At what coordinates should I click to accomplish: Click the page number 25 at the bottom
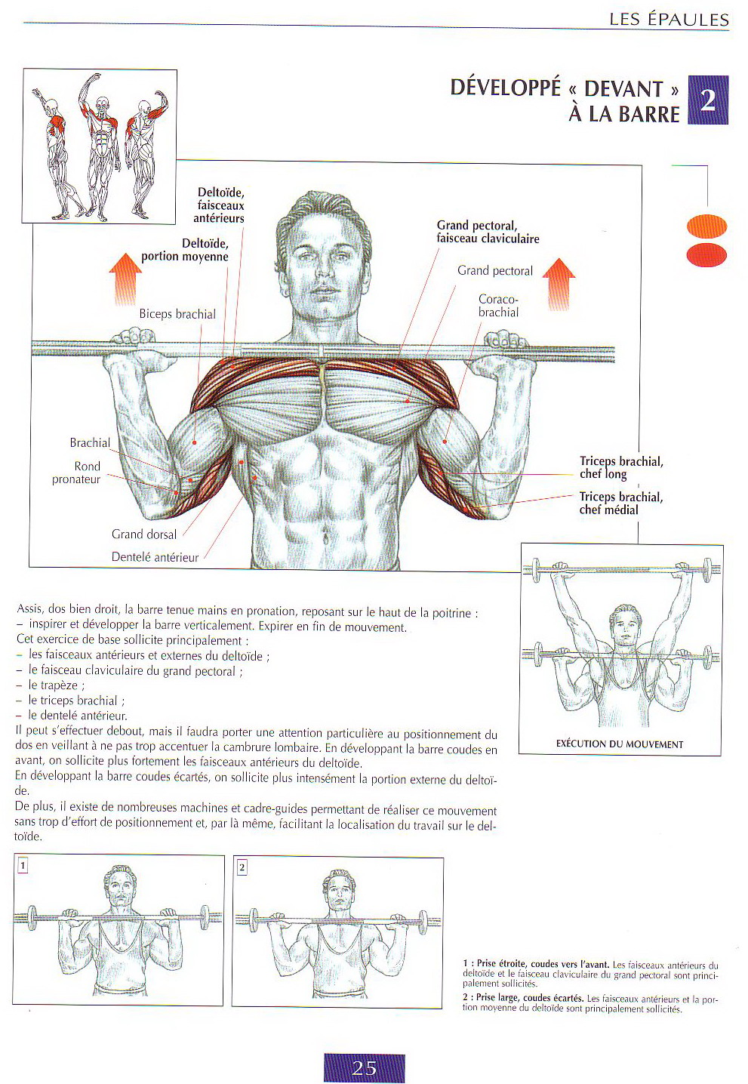tap(364, 1067)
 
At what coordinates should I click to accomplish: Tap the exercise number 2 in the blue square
tap(707, 100)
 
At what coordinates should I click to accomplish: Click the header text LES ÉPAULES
tap(669, 20)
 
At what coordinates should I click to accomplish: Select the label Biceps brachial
tap(177, 314)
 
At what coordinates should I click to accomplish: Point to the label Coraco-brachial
tap(498, 306)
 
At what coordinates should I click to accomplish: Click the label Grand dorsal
tap(144, 534)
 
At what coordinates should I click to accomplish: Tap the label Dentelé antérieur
tap(155, 557)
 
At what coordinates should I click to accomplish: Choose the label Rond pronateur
tap(76, 473)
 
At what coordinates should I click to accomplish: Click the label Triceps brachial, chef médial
tap(620, 504)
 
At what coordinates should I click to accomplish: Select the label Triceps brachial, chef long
tap(620, 467)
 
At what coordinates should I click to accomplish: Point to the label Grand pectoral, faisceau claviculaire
tap(488, 232)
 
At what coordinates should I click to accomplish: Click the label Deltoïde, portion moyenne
tap(185, 250)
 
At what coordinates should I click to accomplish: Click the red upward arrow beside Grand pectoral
tap(559, 283)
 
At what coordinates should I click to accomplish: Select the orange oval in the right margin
tap(706, 226)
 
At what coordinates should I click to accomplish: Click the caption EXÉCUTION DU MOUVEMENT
tap(619, 744)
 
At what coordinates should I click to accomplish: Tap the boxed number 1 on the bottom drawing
tap(23, 866)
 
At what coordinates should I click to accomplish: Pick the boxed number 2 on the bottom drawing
tap(242, 867)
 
